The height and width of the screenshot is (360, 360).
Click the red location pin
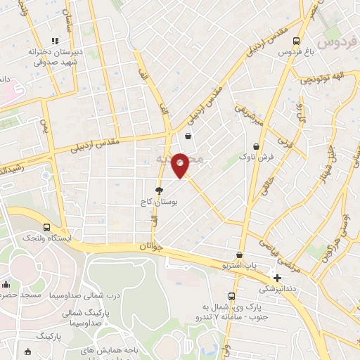pos(181,165)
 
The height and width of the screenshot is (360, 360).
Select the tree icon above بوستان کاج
pos(160,190)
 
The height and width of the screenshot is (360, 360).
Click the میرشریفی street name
pos(250,112)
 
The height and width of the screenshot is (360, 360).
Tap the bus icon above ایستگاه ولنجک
pos(46,227)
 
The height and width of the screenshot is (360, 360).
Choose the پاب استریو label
pos(242,267)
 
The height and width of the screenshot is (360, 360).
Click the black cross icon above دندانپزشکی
pos(278,278)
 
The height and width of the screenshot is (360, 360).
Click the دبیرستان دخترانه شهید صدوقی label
pos(56,57)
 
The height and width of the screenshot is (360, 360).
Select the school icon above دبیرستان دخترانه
pos(56,41)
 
